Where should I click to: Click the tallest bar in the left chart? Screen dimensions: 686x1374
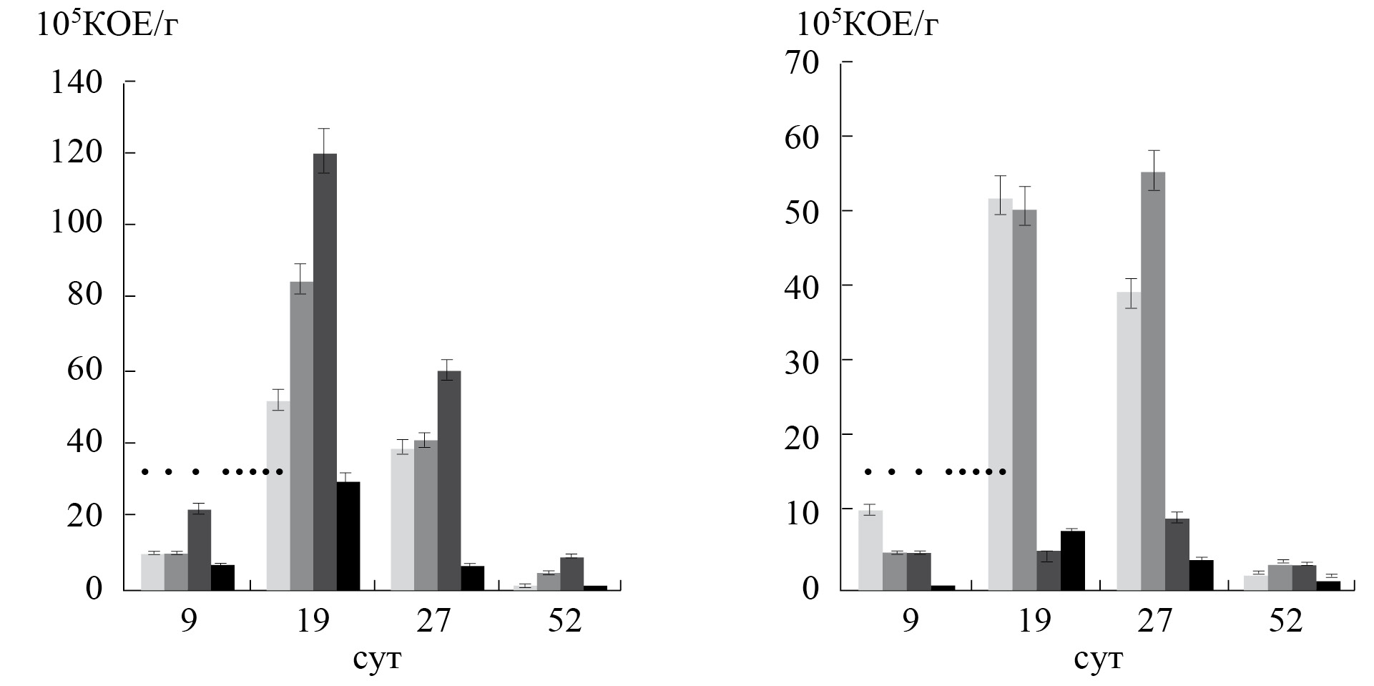(325, 372)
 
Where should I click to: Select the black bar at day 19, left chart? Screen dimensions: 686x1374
(348, 536)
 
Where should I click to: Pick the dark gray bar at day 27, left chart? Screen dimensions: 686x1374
(449, 480)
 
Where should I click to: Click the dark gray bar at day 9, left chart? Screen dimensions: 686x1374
(200, 549)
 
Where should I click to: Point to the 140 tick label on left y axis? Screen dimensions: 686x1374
(77, 83)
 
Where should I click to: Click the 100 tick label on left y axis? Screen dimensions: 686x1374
(77, 225)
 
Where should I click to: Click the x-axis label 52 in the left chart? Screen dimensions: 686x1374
(565, 621)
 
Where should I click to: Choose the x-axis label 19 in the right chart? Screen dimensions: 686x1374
(1034, 621)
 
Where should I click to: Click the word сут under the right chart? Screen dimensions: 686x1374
(1099, 658)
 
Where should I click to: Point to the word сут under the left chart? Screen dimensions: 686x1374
(377, 658)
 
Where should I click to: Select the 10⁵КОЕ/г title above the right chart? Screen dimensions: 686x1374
(867, 26)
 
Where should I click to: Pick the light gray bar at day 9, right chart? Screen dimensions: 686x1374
(870, 550)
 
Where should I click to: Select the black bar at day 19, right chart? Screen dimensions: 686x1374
(1073, 560)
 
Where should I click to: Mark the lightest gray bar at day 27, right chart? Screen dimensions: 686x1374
(1129, 441)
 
